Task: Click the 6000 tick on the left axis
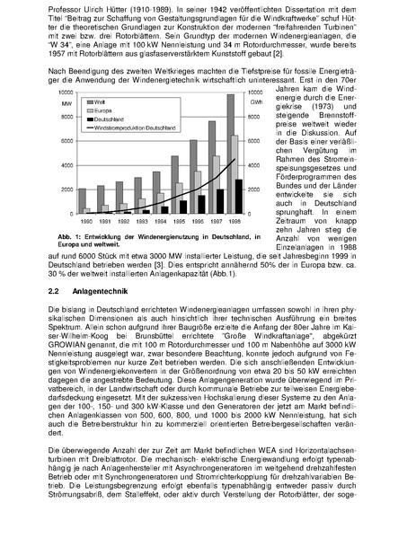coord(66,140)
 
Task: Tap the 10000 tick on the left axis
coord(64,92)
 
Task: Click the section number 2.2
coord(52,291)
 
